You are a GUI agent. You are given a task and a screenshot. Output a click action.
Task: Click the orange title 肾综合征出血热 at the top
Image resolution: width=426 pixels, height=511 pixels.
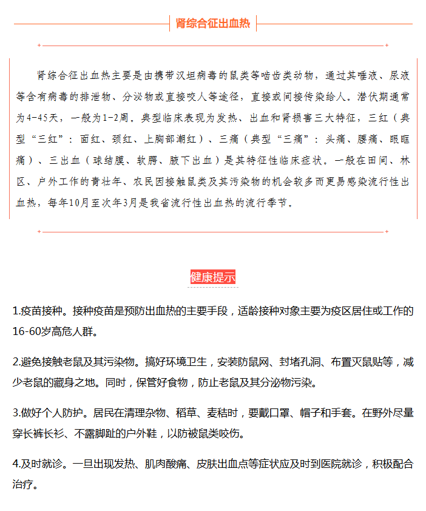coord(212,24)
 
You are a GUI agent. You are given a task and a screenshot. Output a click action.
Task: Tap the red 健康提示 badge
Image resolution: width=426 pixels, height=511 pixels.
coord(212,277)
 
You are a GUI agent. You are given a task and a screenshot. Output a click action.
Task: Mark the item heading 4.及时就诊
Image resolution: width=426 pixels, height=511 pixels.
coord(40,464)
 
